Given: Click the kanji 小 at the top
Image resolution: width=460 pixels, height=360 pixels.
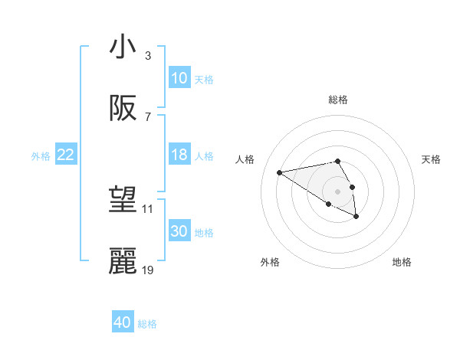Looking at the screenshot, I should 123,47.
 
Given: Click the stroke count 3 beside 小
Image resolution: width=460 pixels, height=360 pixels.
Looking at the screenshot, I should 147,56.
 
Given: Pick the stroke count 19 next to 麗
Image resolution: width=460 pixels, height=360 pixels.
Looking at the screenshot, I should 148,270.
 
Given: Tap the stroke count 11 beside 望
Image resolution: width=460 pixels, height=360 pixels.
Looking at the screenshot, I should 148,208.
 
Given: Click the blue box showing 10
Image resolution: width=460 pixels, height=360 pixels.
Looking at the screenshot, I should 179,78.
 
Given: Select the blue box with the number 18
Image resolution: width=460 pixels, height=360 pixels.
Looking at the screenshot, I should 179,155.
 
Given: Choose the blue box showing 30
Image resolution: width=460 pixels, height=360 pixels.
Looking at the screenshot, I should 179,231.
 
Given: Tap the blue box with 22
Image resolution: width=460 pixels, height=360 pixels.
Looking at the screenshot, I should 66,155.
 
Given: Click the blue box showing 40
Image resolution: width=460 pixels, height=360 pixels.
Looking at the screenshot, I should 123,322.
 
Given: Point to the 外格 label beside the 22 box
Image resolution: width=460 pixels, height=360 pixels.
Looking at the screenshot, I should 41,155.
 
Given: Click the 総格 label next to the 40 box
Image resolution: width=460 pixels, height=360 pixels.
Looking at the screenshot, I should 147,323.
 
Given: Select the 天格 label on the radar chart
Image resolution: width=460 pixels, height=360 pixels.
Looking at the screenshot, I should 431,159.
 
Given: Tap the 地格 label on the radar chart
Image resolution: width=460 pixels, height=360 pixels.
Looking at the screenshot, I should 402,262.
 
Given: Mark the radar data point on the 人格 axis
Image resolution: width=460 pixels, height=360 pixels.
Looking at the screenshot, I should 280,172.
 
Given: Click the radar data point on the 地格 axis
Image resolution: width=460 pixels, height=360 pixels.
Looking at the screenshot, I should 356,218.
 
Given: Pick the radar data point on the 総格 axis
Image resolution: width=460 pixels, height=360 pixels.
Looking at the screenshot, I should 337,161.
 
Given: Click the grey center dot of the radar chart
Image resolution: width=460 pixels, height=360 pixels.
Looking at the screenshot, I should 337,191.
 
